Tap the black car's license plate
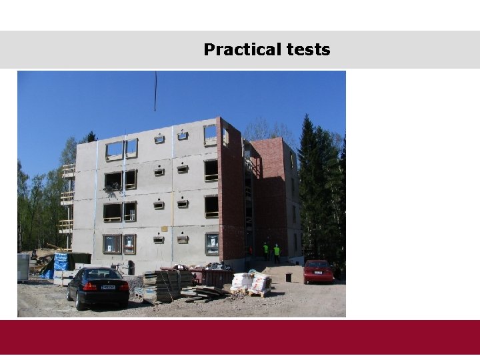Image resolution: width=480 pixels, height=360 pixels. click(108, 287)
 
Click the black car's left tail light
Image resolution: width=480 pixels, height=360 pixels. click(90, 286)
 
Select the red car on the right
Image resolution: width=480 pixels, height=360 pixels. click(318, 271)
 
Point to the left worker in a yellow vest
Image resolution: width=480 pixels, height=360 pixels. click(265, 251)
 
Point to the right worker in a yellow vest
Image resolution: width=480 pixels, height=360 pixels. click(276, 252)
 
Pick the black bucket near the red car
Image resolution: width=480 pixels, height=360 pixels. click(289, 277)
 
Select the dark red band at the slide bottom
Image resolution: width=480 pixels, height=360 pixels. click(240, 337)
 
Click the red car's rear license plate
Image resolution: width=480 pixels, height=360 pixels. click(318, 273)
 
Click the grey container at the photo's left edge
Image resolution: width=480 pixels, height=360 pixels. click(23, 267)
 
